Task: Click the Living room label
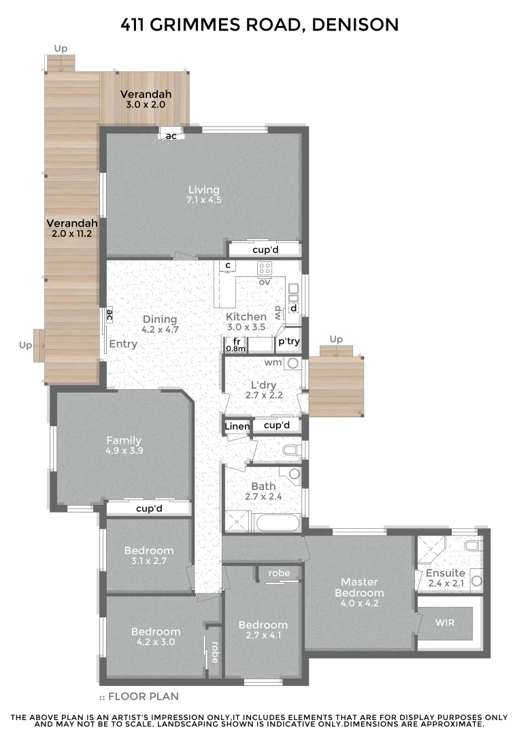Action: click(204, 190)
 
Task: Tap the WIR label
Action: click(446, 623)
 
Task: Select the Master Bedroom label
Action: click(358, 587)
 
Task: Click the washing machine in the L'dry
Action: click(293, 363)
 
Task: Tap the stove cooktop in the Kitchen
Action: click(265, 268)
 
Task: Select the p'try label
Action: click(289, 341)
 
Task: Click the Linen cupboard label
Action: click(237, 427)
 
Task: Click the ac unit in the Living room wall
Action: click(171, 135)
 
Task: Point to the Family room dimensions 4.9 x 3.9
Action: click(124, 451)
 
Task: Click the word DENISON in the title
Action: click(355, 25)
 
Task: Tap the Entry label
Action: click(123, 344)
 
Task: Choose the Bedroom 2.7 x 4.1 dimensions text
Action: click(263, 636)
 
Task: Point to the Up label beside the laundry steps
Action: click(336, 339)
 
